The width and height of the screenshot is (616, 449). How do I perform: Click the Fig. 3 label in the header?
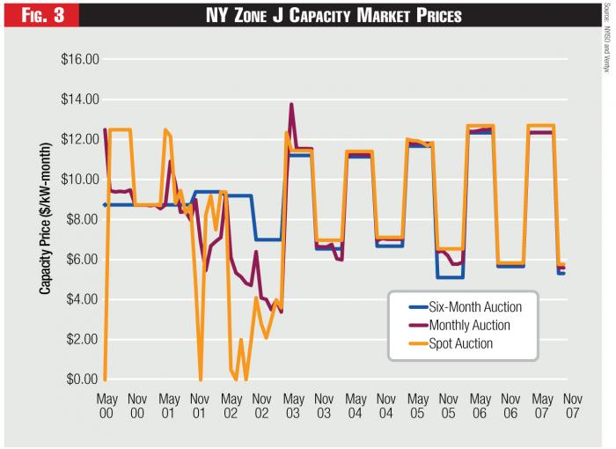[x=38, y=14]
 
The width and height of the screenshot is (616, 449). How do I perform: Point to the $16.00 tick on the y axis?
[x=79, y=59]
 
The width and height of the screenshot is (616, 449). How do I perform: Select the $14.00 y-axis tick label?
[x=79, y=99]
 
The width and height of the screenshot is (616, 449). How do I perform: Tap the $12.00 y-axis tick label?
[x=79, y=139]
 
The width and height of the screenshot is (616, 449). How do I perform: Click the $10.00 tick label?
[x=79, y=180]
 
